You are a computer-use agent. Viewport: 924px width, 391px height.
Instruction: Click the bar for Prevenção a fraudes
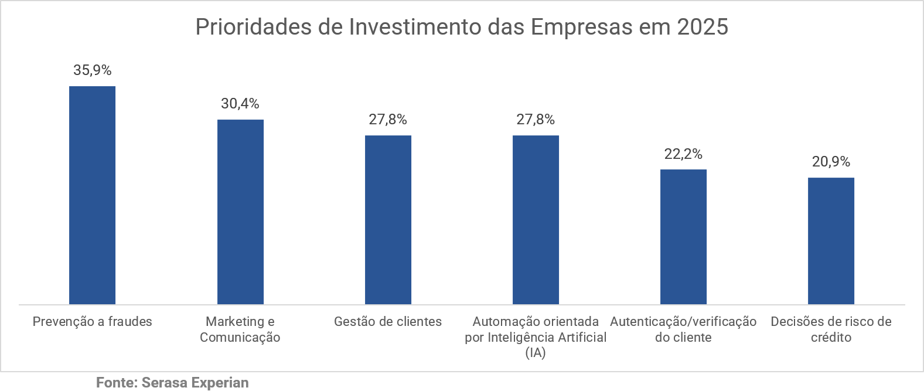[92, 195]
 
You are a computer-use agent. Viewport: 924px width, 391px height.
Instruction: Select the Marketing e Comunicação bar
[240, 212]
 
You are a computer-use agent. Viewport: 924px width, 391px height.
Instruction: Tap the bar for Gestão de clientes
[388, 220]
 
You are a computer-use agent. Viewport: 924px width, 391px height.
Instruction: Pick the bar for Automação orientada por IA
[536, 220]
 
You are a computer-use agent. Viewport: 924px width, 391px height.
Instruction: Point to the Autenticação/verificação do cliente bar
[683, 237]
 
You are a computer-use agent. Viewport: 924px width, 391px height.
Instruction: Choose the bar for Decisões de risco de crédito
[831, 241]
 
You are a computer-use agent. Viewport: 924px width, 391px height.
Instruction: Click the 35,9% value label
[92, 70]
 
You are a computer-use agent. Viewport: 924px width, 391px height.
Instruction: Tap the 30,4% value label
[240, 104]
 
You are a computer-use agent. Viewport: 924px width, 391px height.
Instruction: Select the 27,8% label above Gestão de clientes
[388, 120]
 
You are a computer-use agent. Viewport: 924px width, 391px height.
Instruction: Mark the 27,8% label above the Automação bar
[536, 120]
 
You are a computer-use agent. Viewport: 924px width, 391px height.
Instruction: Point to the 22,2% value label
[683, 154]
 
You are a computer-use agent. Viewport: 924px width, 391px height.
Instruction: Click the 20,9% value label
[831, 162]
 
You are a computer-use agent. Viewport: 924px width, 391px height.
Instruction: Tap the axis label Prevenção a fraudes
[92, 321]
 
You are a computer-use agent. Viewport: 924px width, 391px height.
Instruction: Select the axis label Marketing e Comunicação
[240, 329]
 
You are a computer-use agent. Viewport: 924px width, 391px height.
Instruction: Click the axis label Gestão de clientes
[388, 321]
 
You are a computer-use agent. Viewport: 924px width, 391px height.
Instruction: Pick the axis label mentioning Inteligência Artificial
[536, 337]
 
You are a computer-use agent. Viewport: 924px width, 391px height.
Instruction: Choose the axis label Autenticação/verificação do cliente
[683, 329]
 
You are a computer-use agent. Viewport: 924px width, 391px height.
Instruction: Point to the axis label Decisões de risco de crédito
[831, 329]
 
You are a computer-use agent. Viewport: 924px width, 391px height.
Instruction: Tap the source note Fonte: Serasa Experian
[172, 383]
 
